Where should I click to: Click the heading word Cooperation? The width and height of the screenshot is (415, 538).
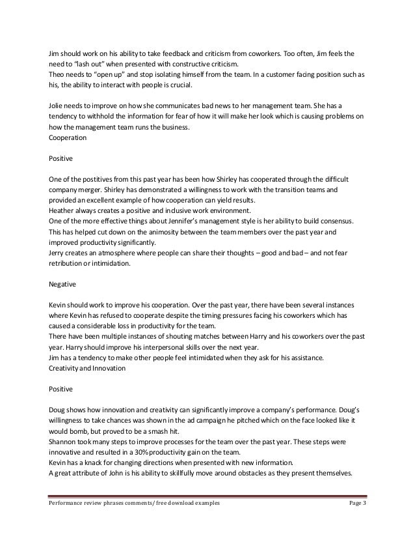pyautogui.click(x=70, y=138)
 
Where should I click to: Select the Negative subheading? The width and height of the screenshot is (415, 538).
pyautogui.click(x=63, y=285)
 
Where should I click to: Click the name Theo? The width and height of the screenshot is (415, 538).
pyautogui.click(x=58, y=74)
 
